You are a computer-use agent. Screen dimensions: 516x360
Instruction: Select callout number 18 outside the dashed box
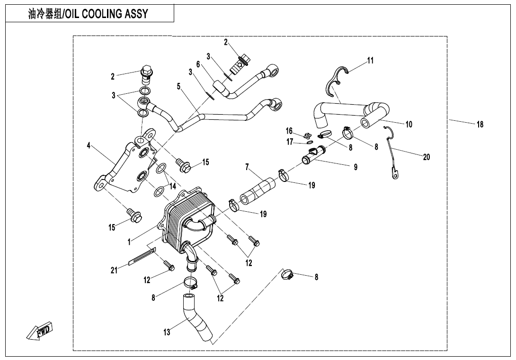tap(480, 125)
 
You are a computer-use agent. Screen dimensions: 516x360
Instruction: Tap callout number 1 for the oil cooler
tap(129, 242)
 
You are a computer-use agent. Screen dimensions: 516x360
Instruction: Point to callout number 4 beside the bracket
tap(89, 145)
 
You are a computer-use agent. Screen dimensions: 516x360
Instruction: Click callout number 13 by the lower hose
tap(167, 332)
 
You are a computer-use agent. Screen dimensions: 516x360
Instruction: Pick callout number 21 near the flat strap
tap(114, 271)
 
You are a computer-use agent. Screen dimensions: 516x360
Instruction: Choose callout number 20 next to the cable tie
tap(427, 157)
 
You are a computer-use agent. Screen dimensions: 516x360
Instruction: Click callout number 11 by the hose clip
tap(371, 61)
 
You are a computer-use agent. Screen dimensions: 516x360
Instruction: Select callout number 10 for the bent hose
tap(409, 124)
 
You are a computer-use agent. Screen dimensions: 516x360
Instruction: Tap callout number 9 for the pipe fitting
tap(356, 167)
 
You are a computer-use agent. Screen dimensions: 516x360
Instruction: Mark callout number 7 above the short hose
tap(247, 167)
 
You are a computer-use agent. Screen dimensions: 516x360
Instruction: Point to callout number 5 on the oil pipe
tap(178, 87)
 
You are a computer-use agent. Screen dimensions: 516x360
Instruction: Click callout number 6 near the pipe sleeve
tap(198, 64)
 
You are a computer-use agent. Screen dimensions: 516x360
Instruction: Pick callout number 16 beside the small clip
tap(289, 131)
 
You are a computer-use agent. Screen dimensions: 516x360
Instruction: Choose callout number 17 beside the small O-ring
tap(290, 142)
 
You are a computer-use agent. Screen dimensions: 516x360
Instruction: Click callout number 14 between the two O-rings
tap(173, 187)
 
